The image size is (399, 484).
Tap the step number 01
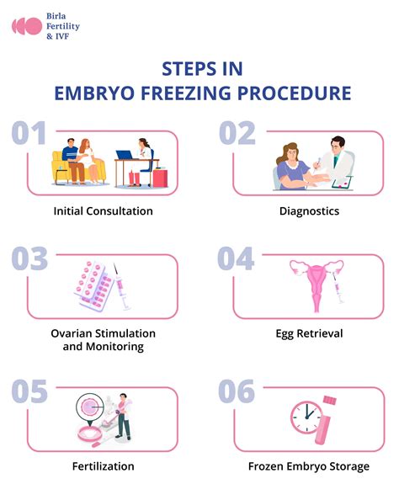(29, 135)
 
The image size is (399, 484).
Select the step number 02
(237, 135)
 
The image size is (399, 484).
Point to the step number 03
(29, 259)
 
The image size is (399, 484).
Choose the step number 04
(237, 259)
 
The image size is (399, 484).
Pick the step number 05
(29, 391)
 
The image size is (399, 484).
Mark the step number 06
(237, 391)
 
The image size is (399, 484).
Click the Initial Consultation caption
(101, 210)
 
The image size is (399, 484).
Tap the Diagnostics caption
(309, 210)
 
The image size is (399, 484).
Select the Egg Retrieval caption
(309, 333)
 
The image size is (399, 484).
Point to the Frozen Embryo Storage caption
(309, 465)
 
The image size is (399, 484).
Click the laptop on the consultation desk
(126, 157)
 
